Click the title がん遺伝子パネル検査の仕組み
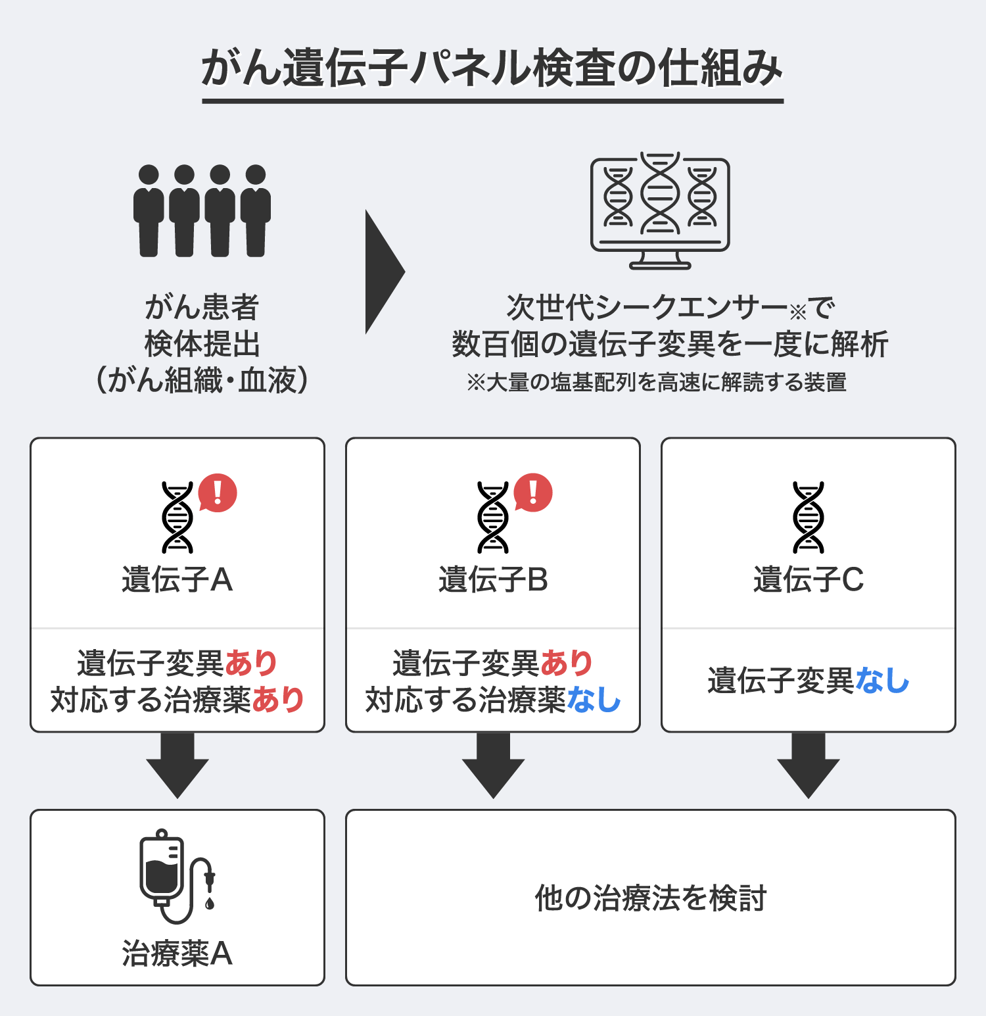tap(492, 68)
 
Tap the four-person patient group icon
tap(202, 210)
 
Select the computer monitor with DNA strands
tap(660, 210)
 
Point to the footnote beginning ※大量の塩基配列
tap(657, 382)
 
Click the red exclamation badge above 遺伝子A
tap(218, 493)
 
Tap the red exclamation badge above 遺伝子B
tap(533, 493)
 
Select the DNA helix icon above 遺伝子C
tap(808, 517)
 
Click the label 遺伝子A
tap(177, 580)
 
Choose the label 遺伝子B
tap(493, 580)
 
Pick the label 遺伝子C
tap(809, 580)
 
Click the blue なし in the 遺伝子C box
tap(882, 681)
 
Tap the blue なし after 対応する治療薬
tap(594, 700)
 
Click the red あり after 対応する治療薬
tap(278, 700)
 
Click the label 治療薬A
tap(177, 954)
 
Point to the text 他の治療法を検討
tap(650, 898)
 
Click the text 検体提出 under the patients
tap(202, 344)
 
